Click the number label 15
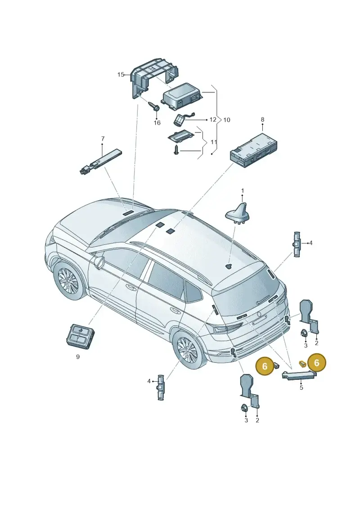[121, 75]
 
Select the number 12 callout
[212, 119]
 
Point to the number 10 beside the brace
[227, 120]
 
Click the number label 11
[214, 142]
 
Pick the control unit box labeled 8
[253, 149]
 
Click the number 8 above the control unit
[263, 119]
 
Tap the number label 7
[103, 139]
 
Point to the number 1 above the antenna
[242, 190]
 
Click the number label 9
[78, 357]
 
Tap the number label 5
[301, 387]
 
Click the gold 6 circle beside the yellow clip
[316, 363]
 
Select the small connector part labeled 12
[180, 119]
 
